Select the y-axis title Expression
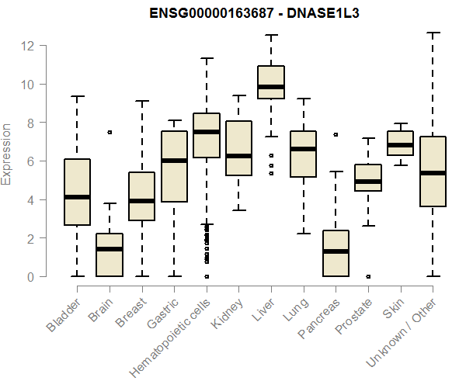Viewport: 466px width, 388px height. coord(7,154)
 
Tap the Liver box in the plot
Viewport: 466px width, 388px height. coord(270,82)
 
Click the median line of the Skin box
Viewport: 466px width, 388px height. coord(400,145)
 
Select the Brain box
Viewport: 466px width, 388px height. coord(110,255)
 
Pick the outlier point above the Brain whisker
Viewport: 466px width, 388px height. coord(110,132)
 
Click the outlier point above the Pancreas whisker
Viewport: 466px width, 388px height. coord(336,134)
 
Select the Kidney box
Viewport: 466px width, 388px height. coord(238,148)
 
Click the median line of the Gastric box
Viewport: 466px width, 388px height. coord(174,161)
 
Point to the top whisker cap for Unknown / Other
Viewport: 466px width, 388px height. coord(433,33)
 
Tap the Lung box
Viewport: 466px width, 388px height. coord(303,154)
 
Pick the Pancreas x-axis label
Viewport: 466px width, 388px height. coord(321,318)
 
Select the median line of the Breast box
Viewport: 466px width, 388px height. coord(141,201)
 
